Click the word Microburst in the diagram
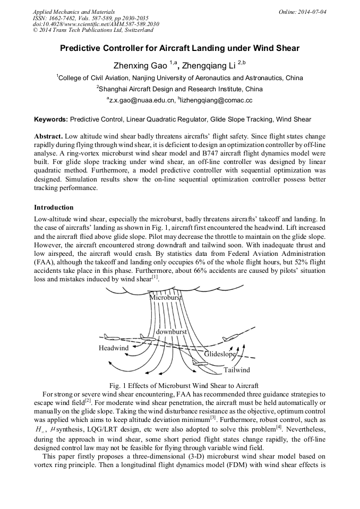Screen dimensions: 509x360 [x=166, y=298]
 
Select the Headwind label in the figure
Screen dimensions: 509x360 [x=114, y=348]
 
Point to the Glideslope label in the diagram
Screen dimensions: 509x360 [x=220, y=354]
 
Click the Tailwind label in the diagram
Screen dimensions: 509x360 [x=236, y=369]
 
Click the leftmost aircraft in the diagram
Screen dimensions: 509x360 [x=112, y=337]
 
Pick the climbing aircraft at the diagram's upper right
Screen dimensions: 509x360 [x=230, y=338]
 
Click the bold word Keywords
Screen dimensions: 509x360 [x=51, y=119]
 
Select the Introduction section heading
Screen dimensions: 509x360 [x=54, y=207]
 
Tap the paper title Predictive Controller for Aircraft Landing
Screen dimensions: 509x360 [x=179, y=48]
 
